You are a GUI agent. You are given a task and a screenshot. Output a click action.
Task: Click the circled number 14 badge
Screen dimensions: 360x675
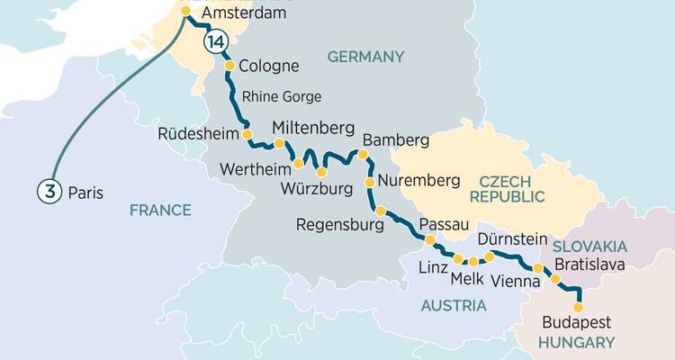click(214, 42)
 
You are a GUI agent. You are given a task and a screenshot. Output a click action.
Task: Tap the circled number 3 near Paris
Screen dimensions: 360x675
click(49, 192)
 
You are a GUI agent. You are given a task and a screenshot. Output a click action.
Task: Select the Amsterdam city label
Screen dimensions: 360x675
click(244, 14)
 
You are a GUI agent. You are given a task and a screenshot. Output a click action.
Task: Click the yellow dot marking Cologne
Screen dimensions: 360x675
click(229, 66)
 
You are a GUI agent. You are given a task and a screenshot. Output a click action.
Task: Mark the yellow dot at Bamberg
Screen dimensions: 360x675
click(364, 155)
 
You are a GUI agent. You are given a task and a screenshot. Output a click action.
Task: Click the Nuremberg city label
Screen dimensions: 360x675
click(418, 181)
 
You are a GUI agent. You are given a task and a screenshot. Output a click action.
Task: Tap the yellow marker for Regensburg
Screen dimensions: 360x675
click(381, 211)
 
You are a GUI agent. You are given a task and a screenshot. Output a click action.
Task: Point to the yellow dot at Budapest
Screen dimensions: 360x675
click(578, 307)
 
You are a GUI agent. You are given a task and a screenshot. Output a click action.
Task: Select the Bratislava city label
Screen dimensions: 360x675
click(589, 264)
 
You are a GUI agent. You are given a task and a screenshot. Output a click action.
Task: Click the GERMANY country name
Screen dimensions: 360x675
click(365, 57)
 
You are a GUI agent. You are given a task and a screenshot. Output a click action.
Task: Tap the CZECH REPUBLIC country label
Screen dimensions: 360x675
click(512, 188)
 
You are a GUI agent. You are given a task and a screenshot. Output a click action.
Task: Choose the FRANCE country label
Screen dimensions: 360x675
click(160, 210)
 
